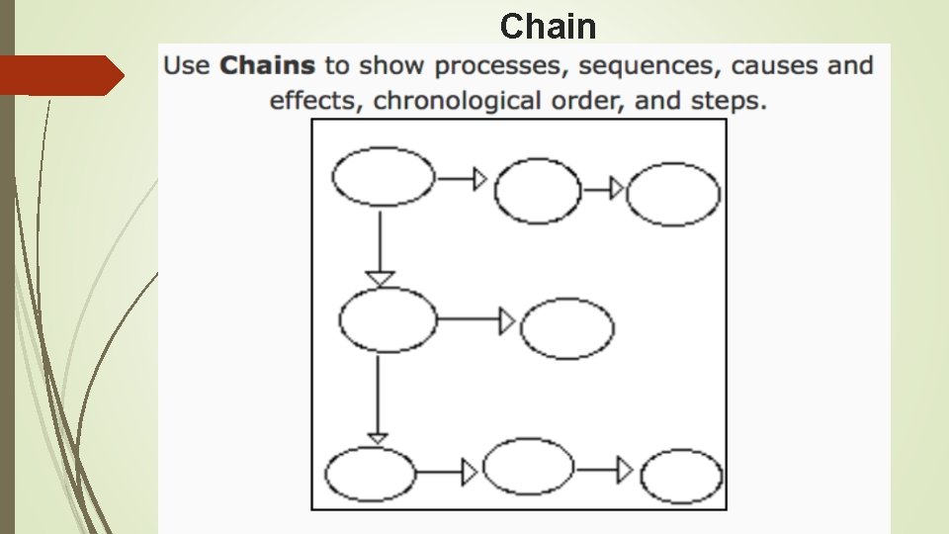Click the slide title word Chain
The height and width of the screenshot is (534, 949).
pyautogui.click(x=548, y=26)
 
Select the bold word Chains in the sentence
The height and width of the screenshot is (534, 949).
pyautogui.click(x=267, y=66)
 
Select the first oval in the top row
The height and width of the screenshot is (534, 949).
pyautogui.click(x=383, y=177)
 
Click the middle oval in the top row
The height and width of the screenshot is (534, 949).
pyautogui.click(x=538, y=190)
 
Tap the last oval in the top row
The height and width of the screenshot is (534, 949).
pyautogui.click(x=673, y=194)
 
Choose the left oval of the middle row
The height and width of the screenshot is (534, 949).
pyautogui.click(x=388, y=319)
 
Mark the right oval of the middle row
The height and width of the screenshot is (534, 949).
pyautogui.click(x=566, y=328)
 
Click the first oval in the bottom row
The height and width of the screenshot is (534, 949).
pyautogui.click(x=371, y=474)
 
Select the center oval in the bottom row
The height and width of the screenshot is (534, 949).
pyautogui.click(x=528, y=466)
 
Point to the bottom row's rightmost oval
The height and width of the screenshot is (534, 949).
pyautogui.click(x=682, y=477)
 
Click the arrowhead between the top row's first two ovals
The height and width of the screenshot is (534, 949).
pyautogui.click(x=479, y=178)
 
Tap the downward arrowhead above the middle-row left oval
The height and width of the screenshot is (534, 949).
pyautogui.click(x=380, y=278)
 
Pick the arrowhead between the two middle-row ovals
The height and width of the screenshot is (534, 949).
pyautogui.click(x=507, y=320)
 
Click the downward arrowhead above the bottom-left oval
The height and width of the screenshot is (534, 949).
pyautogui.click(x=377, y=437)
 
